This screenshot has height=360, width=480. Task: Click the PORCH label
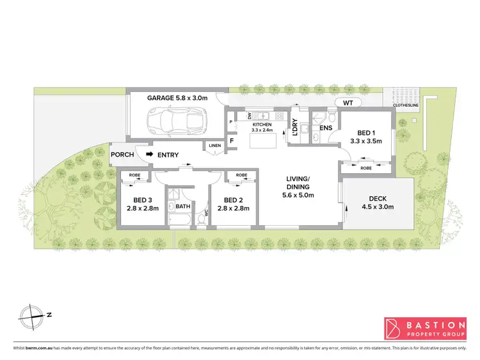[122, 154]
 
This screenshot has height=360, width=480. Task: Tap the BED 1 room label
[365, 137]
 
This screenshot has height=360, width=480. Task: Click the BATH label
[183, 206]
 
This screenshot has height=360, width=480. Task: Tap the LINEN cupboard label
[214, 146]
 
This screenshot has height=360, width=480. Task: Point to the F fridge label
[232, 141]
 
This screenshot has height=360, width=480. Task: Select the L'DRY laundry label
[296, 128]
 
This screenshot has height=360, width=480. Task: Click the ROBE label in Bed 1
[365, 168]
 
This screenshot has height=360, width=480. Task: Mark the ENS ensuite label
[326, 128]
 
